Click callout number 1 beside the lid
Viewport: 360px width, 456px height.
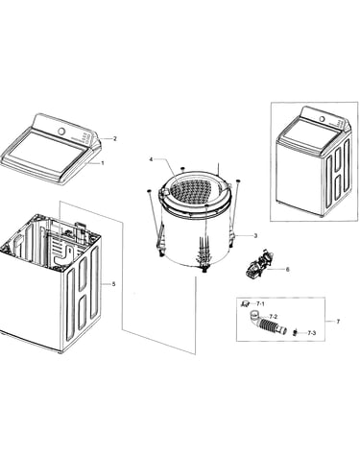pyautogui.click(x=103, y=163)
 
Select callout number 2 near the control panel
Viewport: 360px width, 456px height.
pyautogui.click(x=115, y=138)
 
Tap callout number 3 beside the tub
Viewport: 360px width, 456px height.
pyautogui.click(x=255, y=236)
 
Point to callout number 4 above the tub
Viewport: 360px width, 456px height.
pyautogui.click(x=151, y=159)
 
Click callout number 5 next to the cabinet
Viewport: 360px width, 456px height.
pyautogui.click(x=113, y=284)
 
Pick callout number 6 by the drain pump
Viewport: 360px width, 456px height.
pyautogui.click(x=287, y=270)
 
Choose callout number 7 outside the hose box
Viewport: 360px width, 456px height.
pyautogui.click(x=338, y=322)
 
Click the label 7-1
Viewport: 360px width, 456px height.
pyautogui.click(x=260, y=303)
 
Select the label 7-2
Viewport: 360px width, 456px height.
pyautogui.click(x=273, y=317)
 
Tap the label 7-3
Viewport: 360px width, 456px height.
pyautogui.click(x=312, y=333)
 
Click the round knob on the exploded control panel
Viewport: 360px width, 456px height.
pyautogui.click(x=61, y=132)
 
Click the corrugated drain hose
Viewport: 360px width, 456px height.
pyautogui.click(x=269, y=325)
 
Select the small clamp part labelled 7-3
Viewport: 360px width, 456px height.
pyautogui.click(x=295, y=333)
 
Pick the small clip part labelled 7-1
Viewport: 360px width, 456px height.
pyautogui.click(x=246, y=303)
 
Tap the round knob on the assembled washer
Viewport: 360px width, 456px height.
pyautogui.click(x=323, y=119)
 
